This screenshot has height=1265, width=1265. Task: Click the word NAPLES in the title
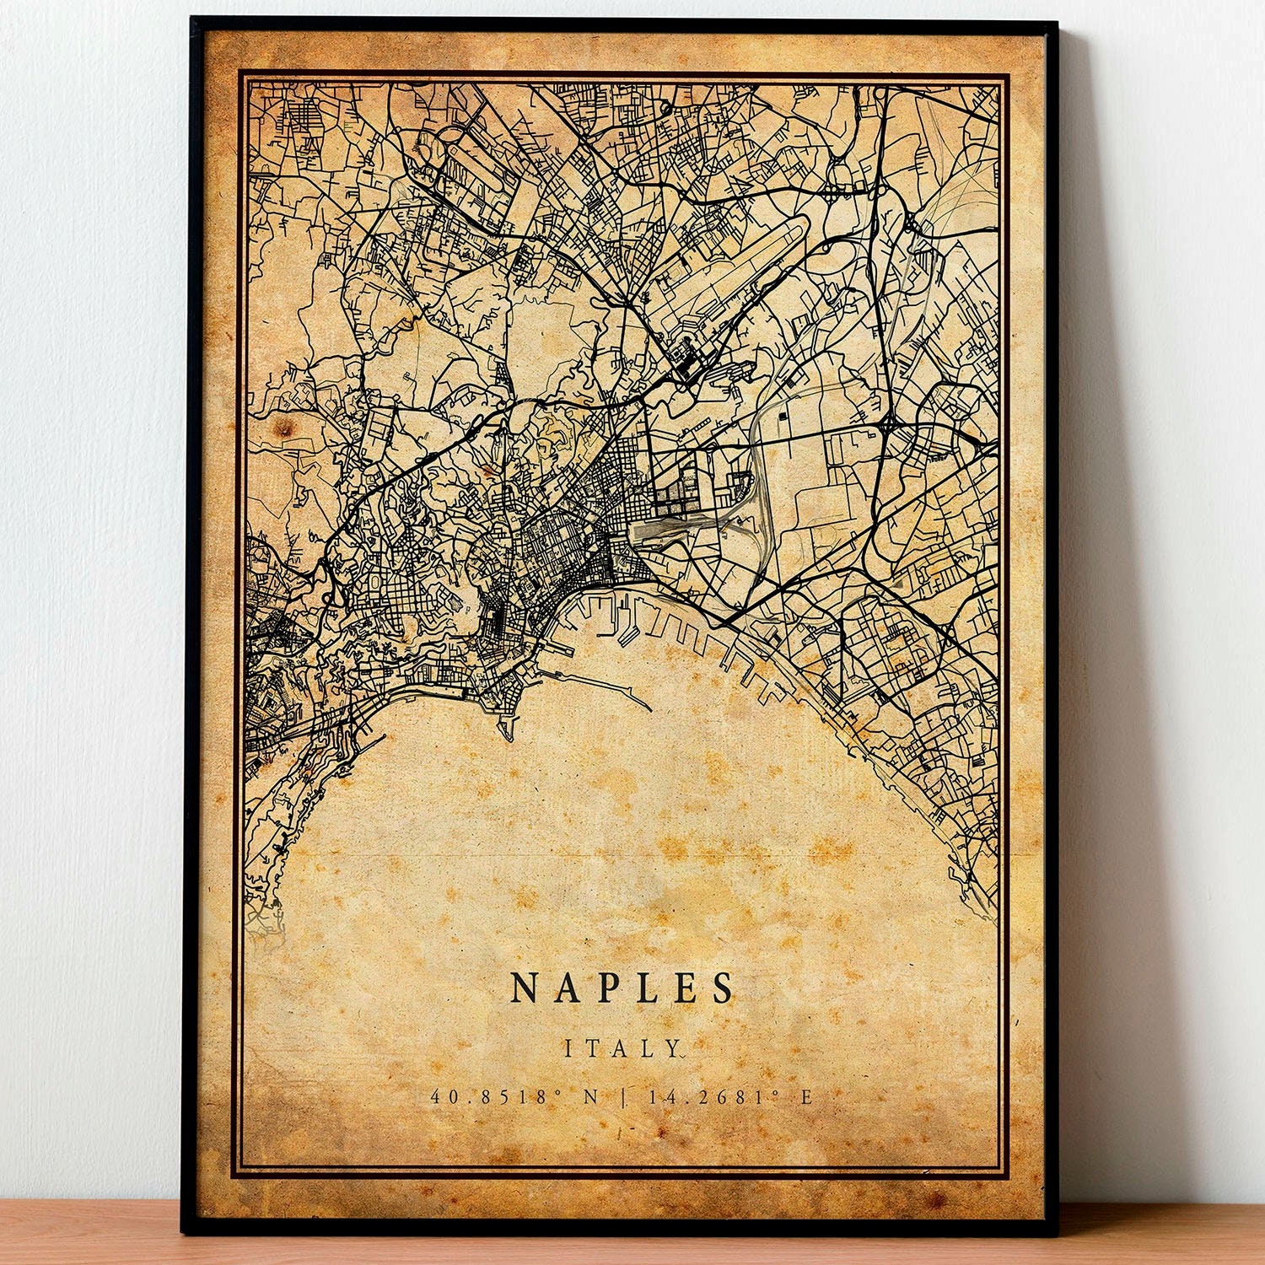622,988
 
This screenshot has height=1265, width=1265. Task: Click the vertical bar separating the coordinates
623,1097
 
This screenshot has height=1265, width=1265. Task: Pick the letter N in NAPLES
525,988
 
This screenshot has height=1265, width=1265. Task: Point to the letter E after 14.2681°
806,1097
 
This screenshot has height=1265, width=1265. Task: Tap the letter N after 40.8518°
590,1097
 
